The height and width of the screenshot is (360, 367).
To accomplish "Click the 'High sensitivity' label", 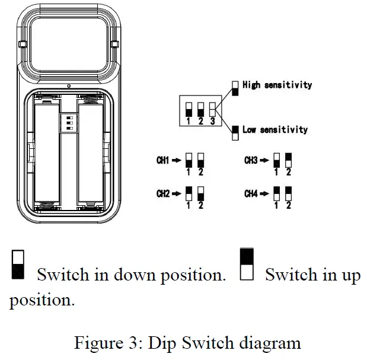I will [276, 85].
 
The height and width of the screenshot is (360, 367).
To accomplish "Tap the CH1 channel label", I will [163, 160].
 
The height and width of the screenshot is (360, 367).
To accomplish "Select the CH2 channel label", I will [163, 193].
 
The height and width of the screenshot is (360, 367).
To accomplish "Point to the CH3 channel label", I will [251, 160].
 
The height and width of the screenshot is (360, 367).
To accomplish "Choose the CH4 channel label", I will [251, 193].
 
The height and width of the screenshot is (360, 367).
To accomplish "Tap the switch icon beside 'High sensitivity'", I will [235, 88].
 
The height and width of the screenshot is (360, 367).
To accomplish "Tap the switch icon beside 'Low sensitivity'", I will [235, 129].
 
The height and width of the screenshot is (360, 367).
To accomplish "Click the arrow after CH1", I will [177, 160].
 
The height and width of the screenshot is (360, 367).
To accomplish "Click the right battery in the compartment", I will [92, 153].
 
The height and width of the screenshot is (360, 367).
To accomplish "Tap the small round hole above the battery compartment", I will [69, 87].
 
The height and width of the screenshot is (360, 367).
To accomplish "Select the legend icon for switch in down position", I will [18, 265].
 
